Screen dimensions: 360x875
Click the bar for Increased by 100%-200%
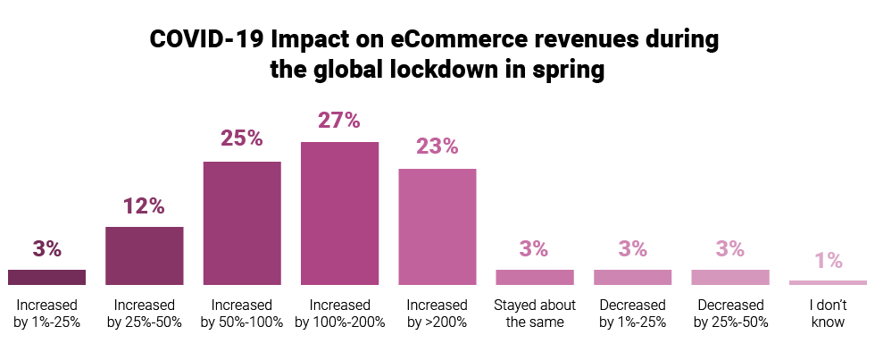(339, 213)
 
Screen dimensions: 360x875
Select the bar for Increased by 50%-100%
(242, 223)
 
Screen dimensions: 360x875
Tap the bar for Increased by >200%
(437, 227)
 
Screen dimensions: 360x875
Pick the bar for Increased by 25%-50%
(145, 255)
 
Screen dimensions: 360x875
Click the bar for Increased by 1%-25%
(46, 277)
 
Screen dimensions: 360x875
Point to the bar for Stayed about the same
(534, 277)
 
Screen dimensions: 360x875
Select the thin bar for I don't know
(828, 282)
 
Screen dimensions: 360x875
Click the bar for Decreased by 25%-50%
(729, 277)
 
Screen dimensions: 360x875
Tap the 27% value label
(339, 120)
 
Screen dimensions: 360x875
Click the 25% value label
(242, 138)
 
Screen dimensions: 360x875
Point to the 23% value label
(437, 147)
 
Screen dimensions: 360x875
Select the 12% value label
(145, 205)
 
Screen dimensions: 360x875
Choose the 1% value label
(828, 260)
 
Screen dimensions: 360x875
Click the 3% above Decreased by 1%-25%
(632, 249)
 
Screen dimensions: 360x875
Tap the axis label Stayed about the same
(534, 314)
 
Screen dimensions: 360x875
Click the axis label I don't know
(828, 314)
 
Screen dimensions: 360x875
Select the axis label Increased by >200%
(437, 314)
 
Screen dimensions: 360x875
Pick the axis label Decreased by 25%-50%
(729, 314)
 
